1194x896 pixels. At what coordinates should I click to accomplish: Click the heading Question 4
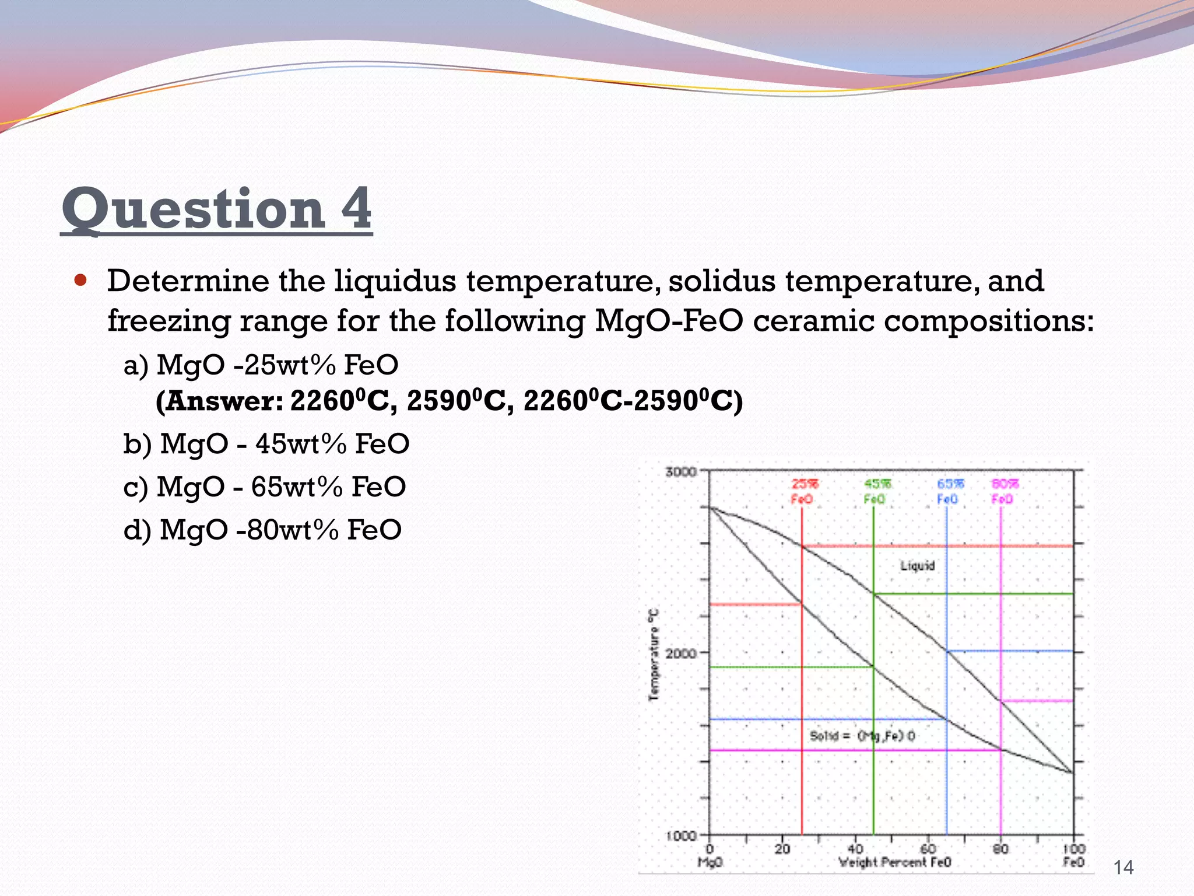point(216,209)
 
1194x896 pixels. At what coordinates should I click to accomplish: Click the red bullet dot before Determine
point(80,281)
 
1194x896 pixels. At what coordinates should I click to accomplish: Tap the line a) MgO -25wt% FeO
point(261,365)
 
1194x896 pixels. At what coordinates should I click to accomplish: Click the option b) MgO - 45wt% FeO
point(266,444)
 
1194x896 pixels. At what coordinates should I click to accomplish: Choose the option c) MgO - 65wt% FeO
point(264,487)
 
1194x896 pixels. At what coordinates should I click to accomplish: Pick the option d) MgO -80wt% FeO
point(262,530)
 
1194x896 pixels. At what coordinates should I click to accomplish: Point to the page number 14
point(1123,867)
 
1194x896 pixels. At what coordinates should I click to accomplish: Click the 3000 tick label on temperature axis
point(680,471)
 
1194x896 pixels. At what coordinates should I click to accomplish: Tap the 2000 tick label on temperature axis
point(680,653)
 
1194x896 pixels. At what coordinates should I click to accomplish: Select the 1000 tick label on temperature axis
point(680,835)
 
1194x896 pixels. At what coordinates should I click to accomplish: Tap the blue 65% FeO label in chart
point(949,491)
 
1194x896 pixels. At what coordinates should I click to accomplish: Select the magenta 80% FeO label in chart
point(1004,491)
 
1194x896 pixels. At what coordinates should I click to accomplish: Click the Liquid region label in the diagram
point(917,565)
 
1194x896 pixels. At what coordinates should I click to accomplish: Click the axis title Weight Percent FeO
point(894,862)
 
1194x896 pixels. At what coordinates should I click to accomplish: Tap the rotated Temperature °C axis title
point(654,654)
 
